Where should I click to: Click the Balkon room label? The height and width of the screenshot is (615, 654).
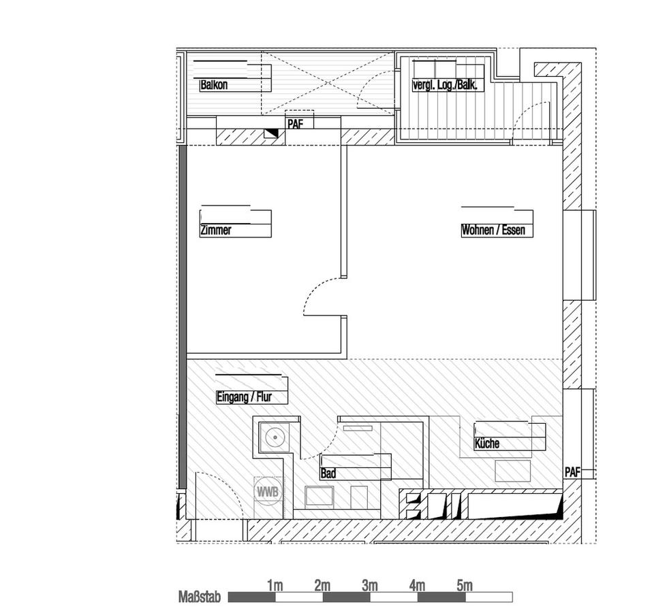(x=214, y=85)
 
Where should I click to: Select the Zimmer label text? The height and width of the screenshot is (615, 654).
(x=216, y=230)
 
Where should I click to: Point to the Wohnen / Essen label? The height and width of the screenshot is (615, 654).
(x=493, y=230)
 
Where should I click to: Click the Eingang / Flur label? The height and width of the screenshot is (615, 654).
(x=244, y=397)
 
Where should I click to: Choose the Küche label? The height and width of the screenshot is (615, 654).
(x=486, y=444)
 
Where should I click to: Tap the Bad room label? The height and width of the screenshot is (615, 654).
(x=328, y=473)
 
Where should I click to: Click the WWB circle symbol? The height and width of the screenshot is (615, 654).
(x=267, y=492)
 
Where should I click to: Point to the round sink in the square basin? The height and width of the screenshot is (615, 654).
(x=275, y=437)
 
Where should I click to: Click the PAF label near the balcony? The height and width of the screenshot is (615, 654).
(x=295, y=124)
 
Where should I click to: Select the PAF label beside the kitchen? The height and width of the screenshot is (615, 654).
(x=572, y=472)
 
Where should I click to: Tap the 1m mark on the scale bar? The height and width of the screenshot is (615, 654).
(x=275, y=586)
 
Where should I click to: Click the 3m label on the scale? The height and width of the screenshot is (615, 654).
(x=370, y=586)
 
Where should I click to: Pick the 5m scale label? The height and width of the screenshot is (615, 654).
(x=465, y=586)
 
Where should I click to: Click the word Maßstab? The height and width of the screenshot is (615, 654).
(x=200, y=597)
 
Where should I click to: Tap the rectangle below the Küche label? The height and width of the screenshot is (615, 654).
(x=512, y=471)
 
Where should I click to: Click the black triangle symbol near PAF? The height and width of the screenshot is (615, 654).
(x=272, y=133)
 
